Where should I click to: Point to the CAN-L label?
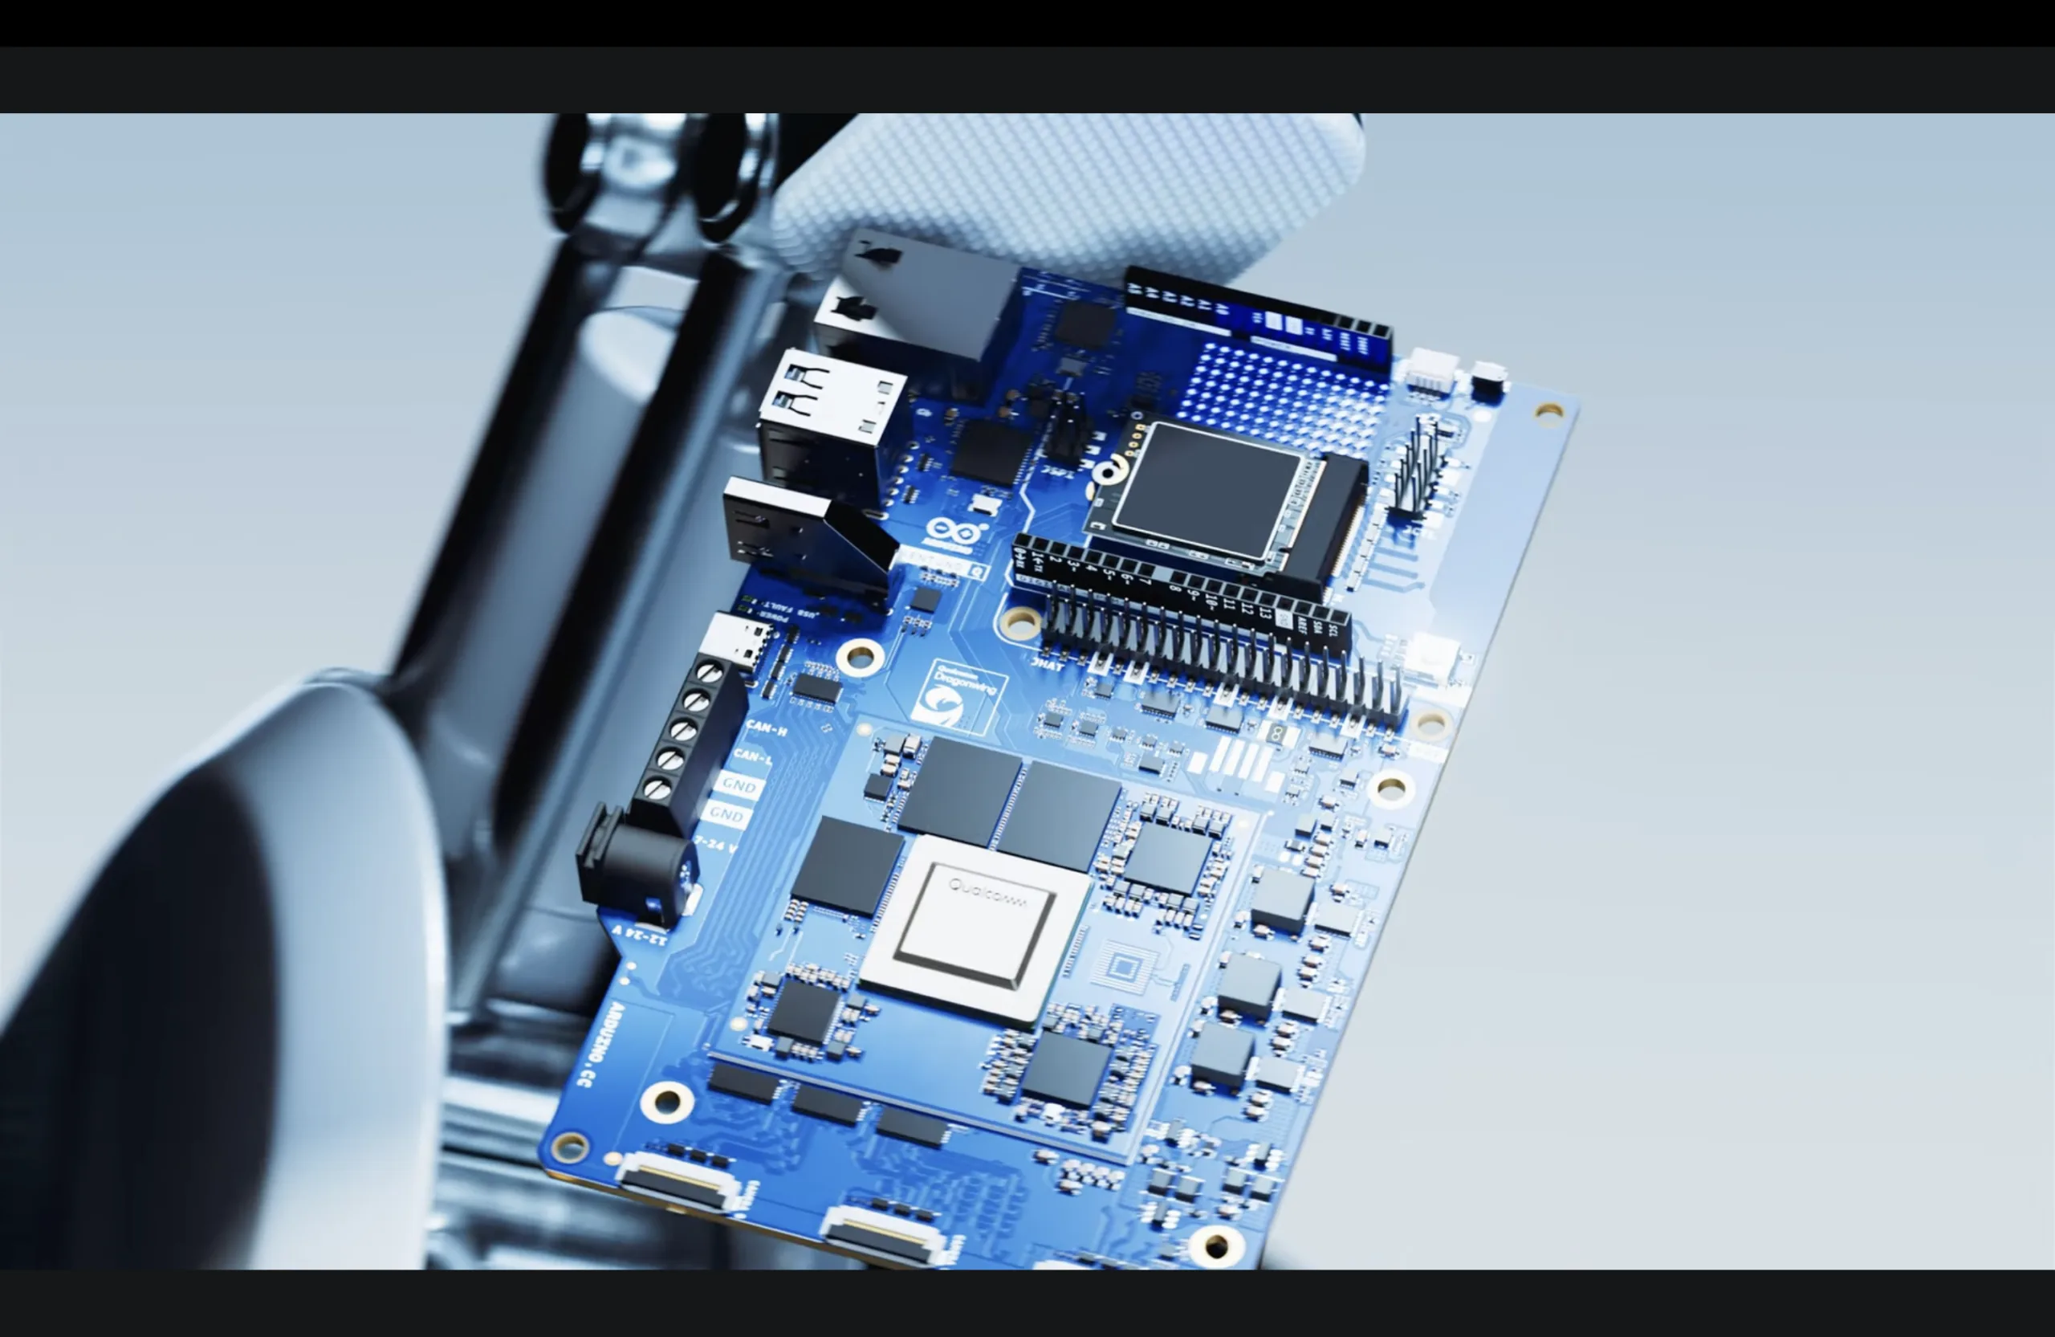click(x=751, y=757)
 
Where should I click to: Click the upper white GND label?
click(x=739, y=785)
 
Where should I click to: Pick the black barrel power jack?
click(x=635, y=859)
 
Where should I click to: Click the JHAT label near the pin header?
click(x=1048, y=664)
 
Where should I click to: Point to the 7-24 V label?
click(x=716, y=845)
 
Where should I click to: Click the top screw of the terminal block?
click(x=709, y=672)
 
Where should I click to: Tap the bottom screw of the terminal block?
click(x=658, y=788)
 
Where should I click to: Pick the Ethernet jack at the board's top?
click(x=915, y=298)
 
